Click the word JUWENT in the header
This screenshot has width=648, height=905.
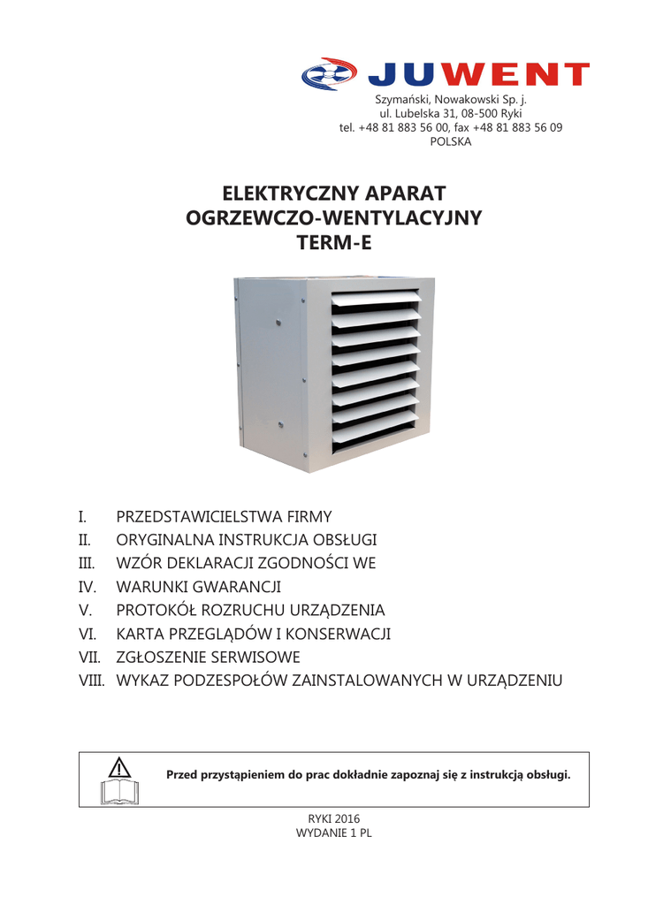click(478, 75)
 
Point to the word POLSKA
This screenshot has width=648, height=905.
click(451, 141)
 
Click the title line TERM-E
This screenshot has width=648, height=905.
click(334, 242)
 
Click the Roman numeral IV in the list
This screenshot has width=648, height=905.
click(87, 586)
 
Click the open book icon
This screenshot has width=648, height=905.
click(121, 789)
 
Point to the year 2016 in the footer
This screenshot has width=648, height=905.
click(347, 819)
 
